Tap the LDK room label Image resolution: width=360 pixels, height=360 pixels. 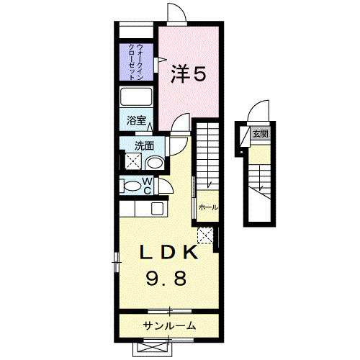click(168, 253)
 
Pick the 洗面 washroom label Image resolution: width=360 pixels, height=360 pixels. click(144, 145)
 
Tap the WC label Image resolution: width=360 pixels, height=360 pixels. click(146, 186)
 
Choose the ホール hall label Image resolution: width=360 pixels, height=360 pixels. click(208, 207)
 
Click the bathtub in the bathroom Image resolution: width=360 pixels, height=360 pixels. click(135, 97)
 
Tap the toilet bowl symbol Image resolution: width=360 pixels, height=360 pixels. click(131, 186)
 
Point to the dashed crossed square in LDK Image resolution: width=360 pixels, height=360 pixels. click(204, 235)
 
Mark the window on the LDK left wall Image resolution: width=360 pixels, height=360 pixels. click(115, 261)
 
